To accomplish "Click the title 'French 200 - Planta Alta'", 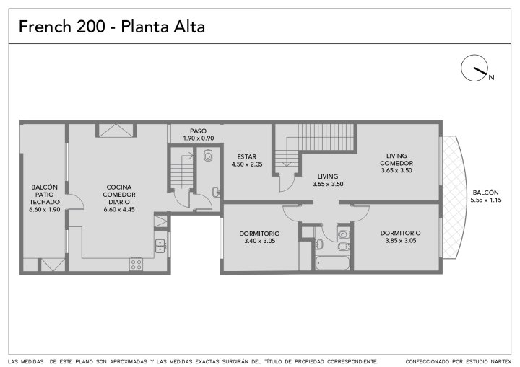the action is pos(112,27).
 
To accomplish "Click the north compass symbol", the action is pos(474,68).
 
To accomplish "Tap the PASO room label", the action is pos(199,131).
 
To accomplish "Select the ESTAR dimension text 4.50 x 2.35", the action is pos(247,164).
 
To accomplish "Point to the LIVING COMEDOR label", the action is pos(396,159).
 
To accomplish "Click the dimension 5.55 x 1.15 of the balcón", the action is pos(486,200).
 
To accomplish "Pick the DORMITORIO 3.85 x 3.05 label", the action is pos(401,236).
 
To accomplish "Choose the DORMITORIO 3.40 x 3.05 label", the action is pos(260,237).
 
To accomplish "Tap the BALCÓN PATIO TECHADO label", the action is pos(45,198).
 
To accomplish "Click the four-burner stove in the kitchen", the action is pos(136,265).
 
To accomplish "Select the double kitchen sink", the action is pos(160,246).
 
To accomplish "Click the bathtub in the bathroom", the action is pos(332,263).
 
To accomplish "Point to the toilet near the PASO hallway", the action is pos(208,155).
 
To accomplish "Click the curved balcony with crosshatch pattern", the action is pos(454,198).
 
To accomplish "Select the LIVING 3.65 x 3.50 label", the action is pos(328,180).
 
